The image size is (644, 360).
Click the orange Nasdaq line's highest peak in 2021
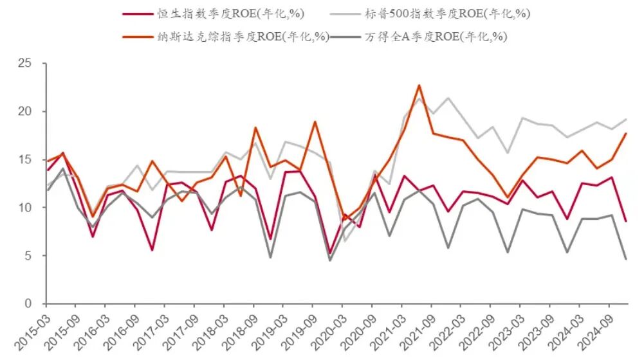419,85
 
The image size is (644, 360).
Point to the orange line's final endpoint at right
626,134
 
